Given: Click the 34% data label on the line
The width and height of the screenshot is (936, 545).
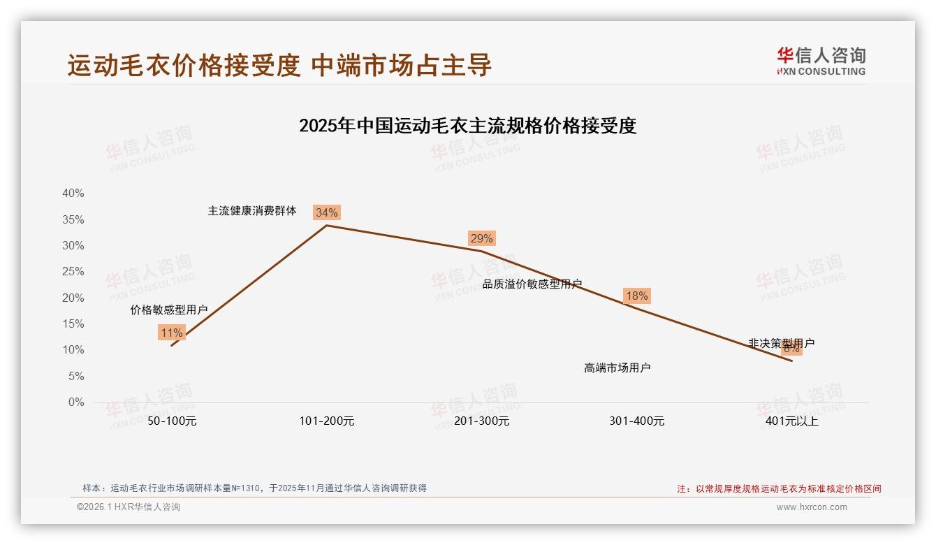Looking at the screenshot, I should [x=326, y=212].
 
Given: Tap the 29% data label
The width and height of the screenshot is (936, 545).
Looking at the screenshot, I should [x=481, y=238].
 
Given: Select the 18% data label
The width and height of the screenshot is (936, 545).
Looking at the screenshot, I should [x=636, y=296].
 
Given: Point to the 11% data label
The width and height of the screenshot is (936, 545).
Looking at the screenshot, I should [x=171, y=333].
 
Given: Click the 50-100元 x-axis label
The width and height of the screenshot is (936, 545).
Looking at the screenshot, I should [x=172, y=421].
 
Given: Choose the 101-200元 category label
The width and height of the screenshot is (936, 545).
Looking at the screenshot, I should [x=327, y=421].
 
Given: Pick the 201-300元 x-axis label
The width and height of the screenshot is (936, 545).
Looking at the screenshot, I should [x=482, y=421].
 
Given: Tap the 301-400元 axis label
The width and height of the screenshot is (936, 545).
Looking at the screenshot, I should [x=637, y=421].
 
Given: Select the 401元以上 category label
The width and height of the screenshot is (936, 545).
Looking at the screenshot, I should [x=792, y=421].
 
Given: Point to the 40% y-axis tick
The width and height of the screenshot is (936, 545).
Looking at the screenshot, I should [x=73, y=194].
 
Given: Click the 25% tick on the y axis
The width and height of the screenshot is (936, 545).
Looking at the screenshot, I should [x=73, y=272].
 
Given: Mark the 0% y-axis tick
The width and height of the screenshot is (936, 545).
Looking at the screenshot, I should [x=76, y=402].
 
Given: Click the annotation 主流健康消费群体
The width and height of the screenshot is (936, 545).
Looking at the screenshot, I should [x=252, y=210].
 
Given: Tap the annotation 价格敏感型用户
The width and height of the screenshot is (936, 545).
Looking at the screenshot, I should [x=169, y=310].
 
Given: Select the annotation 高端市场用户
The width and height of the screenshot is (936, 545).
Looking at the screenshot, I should [x=617, y=368].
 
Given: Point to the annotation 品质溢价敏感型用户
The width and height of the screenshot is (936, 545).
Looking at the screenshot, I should [x=532, y=284].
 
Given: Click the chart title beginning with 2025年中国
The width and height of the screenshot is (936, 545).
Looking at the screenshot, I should [x=467, y=126].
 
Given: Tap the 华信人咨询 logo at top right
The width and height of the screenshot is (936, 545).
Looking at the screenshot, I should [x=821, y=61].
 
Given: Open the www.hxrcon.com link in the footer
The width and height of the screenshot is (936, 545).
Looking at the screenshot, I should [x=812, y=507].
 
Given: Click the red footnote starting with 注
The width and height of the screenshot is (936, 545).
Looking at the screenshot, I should [x=779, y=489].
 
